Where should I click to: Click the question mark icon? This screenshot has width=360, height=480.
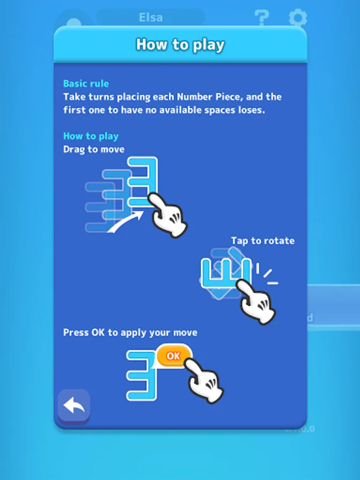[x=261, y=18]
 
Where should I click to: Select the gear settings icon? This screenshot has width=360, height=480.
[x=298, y=18]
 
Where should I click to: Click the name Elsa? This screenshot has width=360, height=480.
[x=150, y=18]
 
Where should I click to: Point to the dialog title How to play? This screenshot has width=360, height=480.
[x=180, y=45]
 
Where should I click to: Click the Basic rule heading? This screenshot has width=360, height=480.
[x=86, y=84]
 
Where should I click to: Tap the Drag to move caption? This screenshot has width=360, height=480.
[x=94, y=149]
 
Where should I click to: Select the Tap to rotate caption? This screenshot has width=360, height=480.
[x=262, y=241]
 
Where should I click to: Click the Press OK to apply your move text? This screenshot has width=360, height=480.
[x=130, y=333]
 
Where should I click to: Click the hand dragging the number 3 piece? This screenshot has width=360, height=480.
[x=167, y=215]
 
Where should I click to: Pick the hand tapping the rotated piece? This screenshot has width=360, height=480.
[x=257, y=301]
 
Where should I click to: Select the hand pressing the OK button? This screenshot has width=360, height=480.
[x=204, y=380]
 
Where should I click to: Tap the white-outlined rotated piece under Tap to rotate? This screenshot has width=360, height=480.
[x=227, y=274]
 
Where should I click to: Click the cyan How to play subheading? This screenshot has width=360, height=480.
[x=91, y=136]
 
